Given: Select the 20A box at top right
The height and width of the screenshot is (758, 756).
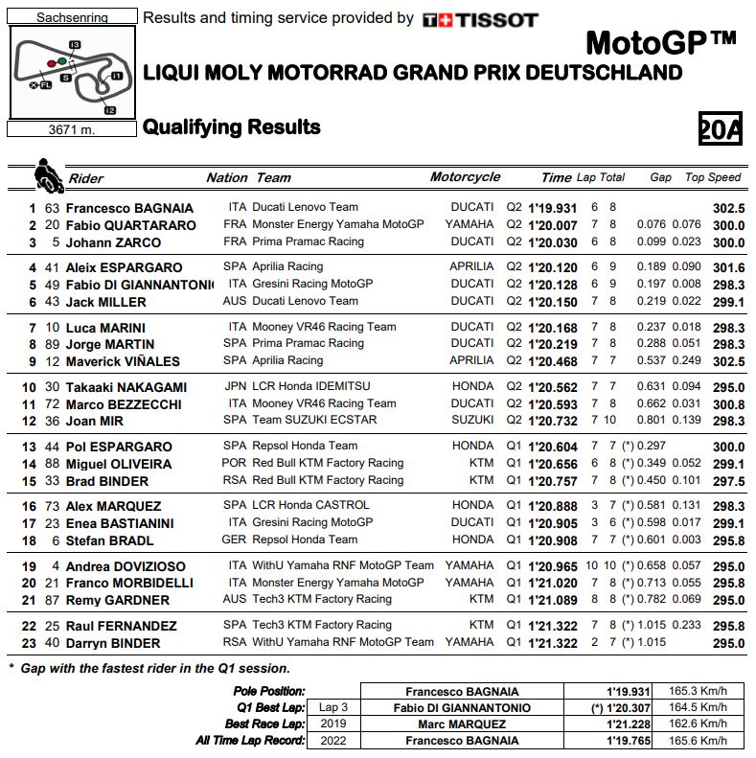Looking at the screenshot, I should [720, 127].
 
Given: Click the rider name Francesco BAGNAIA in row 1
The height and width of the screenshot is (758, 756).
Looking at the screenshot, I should [129, 208].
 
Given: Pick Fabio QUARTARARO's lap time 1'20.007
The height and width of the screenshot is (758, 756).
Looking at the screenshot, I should [553, 225].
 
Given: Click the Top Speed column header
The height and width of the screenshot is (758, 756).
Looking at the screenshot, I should [713, 177].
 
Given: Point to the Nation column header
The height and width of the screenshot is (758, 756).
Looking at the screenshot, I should [226, 177].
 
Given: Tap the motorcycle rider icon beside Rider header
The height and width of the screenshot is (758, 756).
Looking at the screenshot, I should [45, 175].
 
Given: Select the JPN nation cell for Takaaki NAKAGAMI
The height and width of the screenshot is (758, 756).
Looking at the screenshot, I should [237, 386].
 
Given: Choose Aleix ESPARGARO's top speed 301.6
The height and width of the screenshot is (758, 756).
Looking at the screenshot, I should [728, 267].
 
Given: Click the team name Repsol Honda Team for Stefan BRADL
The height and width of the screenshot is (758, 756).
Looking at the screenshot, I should [305, 540].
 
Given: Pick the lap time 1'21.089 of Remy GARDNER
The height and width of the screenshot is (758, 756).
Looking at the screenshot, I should [553, 600].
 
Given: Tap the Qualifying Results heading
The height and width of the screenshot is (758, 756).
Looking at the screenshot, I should [231, 127].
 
